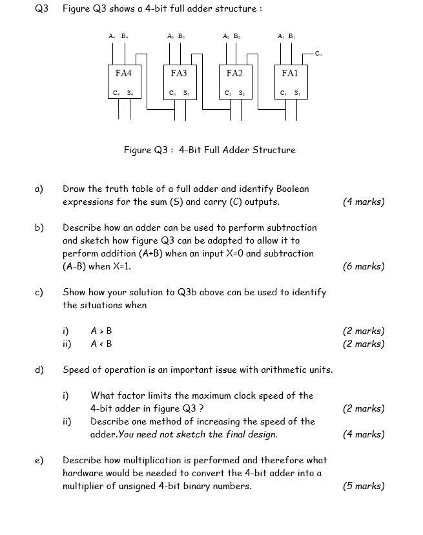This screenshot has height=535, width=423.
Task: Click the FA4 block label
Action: tap(123, 74)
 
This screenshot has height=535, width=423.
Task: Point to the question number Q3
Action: tap(41, 8)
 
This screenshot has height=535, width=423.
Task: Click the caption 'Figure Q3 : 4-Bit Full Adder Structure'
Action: tap(209, 150)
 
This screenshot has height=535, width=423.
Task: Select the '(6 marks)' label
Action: tap(364, 266)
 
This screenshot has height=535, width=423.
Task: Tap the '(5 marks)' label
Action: tap(364, 486)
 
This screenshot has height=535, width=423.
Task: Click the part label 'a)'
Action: tap(39, 189)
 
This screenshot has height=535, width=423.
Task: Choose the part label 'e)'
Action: tap(39, 460)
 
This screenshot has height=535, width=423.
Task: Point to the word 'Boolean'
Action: tap(293, 189)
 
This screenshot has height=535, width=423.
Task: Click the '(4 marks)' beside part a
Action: tap(364, 202)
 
